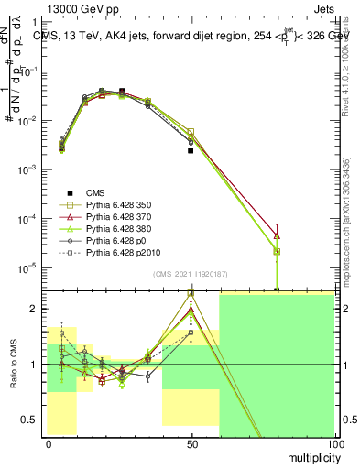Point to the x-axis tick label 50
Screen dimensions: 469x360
(191, 443)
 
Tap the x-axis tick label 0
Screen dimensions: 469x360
(49, 443)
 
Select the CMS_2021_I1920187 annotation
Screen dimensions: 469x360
(190, 274)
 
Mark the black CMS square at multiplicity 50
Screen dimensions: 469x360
(191, 150)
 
